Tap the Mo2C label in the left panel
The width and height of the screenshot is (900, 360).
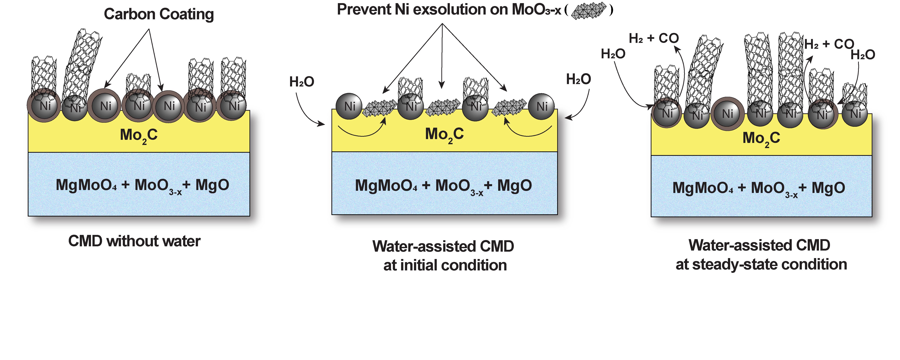point(139,135)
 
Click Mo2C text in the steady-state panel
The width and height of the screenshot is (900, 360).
point(761,138)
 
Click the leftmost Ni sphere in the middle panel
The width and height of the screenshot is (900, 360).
point(349,106)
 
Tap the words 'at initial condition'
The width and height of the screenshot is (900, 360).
point(445,265)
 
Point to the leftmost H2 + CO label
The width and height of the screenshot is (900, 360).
point(653,38)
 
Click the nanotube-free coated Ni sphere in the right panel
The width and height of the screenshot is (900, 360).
point(727,114)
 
